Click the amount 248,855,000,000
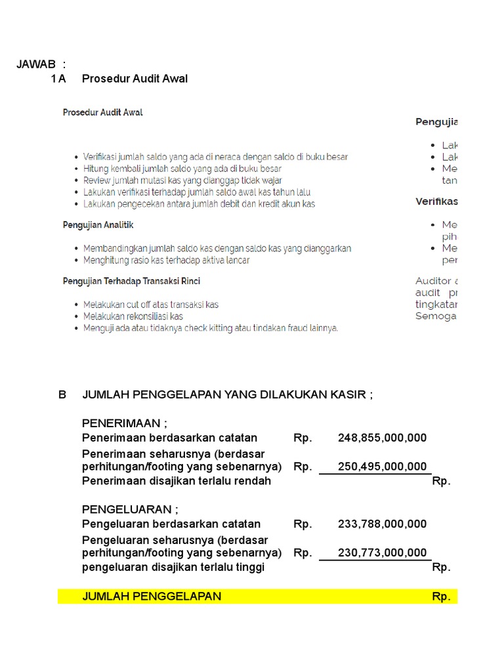[x=382, y=438]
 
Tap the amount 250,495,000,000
[x=382, y=467]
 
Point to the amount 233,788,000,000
[x=382, y=524]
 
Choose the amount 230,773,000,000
[x=382, y=553]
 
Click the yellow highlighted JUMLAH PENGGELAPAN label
[x=152, y=596]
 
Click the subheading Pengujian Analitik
[x=98, y=225]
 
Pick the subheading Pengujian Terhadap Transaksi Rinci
[x=131, y=281]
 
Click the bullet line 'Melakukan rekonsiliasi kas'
[x=133, y=316]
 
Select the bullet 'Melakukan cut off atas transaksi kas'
[x=150, y=304]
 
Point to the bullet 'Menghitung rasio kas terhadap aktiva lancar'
[x=166, y=260]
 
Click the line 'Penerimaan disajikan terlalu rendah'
[x=176, y=481]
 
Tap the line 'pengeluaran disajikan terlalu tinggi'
[x=173, y=567]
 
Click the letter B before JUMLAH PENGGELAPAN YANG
[x=62, y=394]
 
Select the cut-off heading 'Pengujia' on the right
[x=436, y=121]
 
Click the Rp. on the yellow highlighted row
[x=441, y=597]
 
